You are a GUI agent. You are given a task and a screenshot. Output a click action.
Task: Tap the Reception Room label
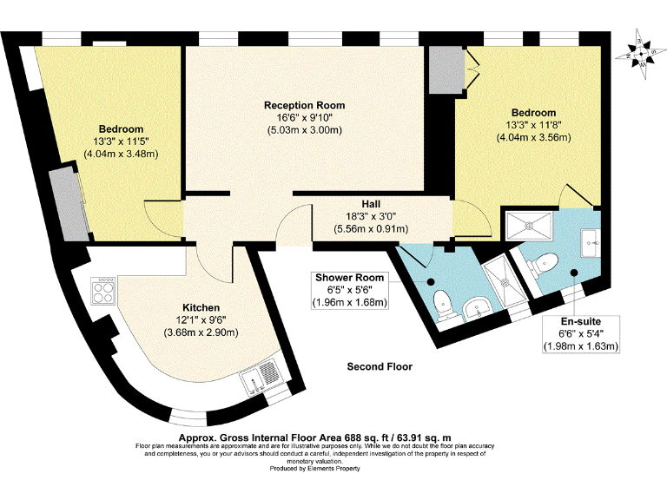(303, 105)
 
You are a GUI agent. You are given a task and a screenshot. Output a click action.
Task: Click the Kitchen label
(201, 307)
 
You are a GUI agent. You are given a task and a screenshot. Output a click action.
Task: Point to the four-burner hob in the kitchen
(103, 290)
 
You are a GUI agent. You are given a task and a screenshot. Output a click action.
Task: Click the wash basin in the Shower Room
(476, 309)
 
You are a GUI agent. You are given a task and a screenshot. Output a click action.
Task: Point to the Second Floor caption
(380, 367)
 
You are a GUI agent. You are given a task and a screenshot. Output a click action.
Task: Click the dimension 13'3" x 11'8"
(533, 125)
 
